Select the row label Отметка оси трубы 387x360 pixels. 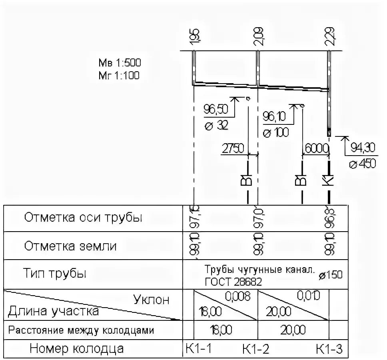pyautogui.click(x=83, y=218)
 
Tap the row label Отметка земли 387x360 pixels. pyautogui.click(x=70, y=246)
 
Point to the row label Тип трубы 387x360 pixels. pyautogui.click(x=55, y=274)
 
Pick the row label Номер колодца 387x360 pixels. pyautogui.click(x=76, y=349)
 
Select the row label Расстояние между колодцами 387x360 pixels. pyautogui.click(x=81, y=330)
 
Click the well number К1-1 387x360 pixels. pyautogui.click(x=198, y=349)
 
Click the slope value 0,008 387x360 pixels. pyautogui.click(x=238, y=296)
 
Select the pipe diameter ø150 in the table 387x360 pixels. pyautogui.click(x=331, y=276)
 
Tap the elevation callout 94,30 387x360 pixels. pyautogui.click(x=363, y=148)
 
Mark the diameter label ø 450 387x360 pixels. pyautogui.click(x=362, y=164)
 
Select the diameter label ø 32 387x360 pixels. pyautogui.click(x=216, y=126)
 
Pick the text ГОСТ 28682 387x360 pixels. pyautogui.click(x=233, y=282)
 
